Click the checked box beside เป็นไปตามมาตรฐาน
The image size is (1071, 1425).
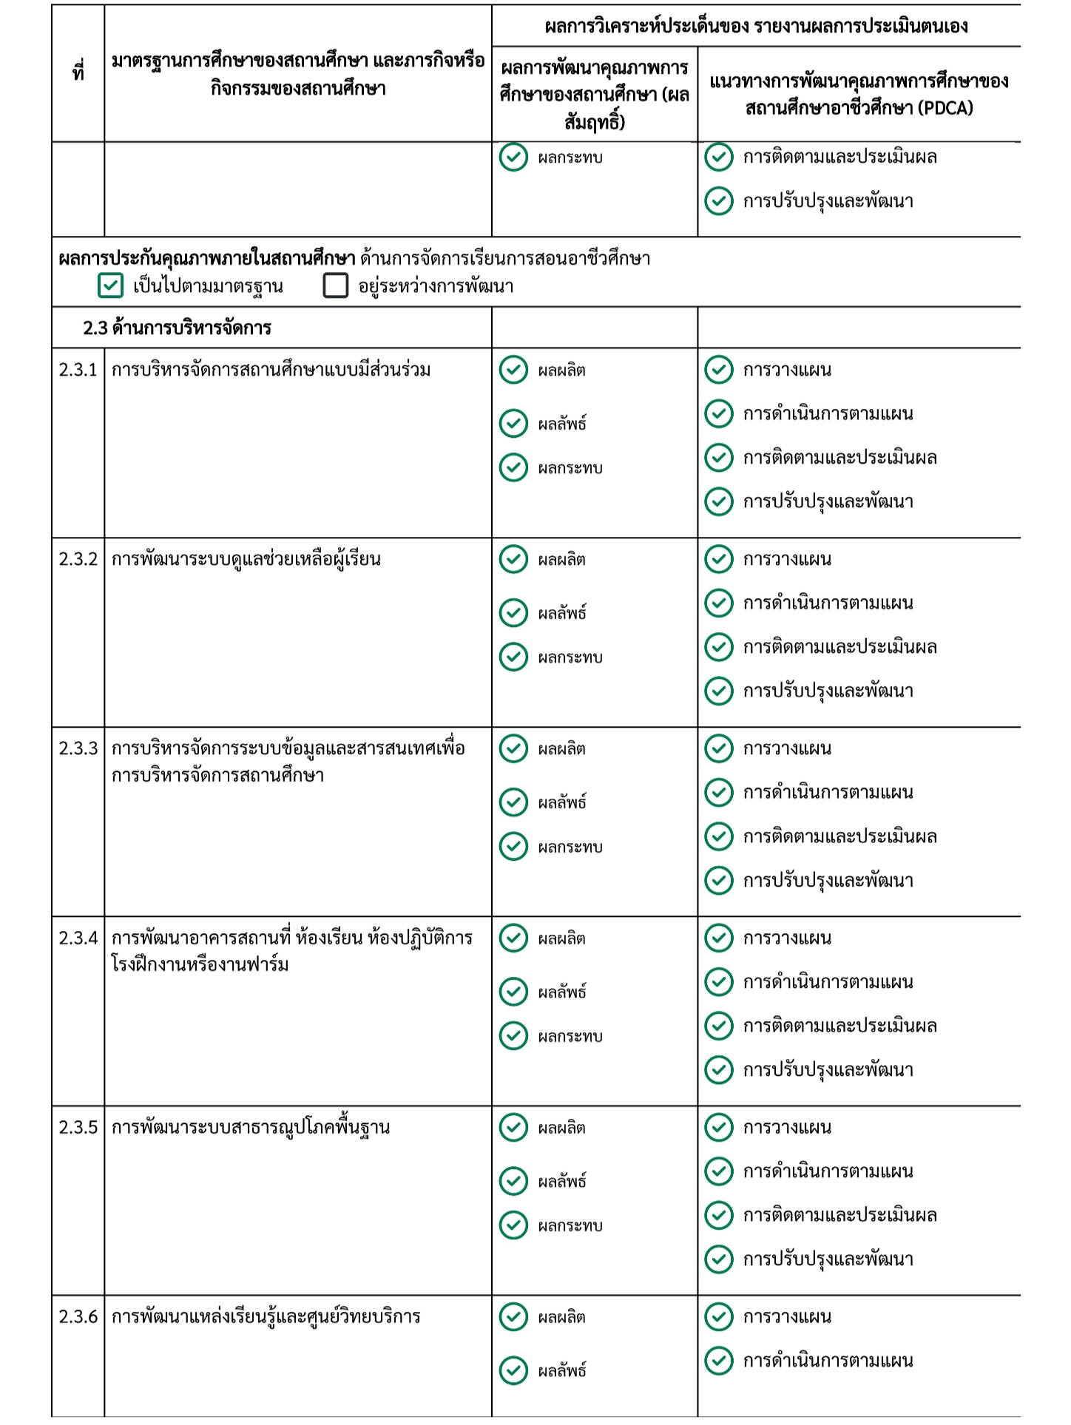tap(110, 285)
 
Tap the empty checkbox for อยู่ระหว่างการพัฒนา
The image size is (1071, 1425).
tap(335, 285)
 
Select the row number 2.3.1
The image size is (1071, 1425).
tap(78, 370)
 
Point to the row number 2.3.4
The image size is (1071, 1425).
tap(78, 938)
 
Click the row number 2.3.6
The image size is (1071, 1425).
tap(78, 1316)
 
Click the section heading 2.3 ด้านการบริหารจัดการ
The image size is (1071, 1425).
tap(177, 328)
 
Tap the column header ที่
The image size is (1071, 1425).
tap(78, 72)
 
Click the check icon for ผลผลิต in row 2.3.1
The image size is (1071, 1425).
tap(513, 370)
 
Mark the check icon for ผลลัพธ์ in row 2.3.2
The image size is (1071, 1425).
tap(513, 612)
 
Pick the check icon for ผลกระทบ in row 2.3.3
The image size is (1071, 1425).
tap(513, 846)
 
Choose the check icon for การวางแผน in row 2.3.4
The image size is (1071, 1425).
tap(718, 938)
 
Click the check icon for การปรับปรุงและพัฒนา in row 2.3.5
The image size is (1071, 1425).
tap(718, 1259)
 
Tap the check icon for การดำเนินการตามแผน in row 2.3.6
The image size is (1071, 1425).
tap(718, 1360)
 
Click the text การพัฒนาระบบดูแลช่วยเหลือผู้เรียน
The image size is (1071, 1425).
tap(246, 559)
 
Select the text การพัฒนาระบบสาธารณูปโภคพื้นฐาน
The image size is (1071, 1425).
tap(250, 1127)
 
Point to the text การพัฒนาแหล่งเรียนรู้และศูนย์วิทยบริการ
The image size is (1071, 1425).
tap(266, 1316)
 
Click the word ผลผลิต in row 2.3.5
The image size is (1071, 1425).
tap(561, 1128)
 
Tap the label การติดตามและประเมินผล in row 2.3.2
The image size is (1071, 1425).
tap(839, 647)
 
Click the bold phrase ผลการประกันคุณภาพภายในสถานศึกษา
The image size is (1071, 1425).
tap(206, 258)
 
